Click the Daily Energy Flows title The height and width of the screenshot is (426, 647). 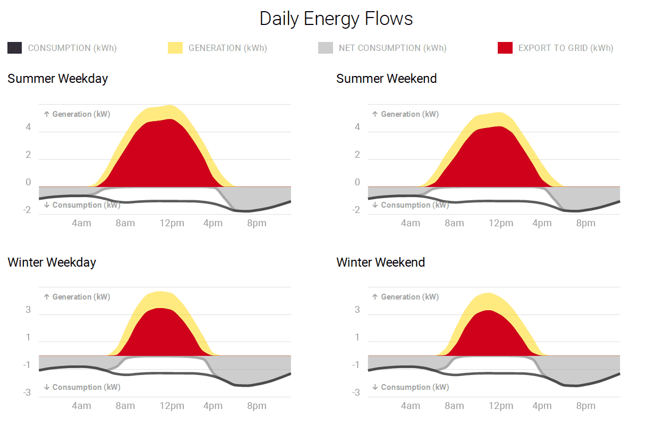pyautogui.click(x=336, y=19)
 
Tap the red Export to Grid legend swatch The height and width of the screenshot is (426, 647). pyautogui.click(x=505, y=48)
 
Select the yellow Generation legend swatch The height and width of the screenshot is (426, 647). pyautogui.click(x=175, y=48)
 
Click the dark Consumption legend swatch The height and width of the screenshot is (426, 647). pyautogui.click(x=15, y=48)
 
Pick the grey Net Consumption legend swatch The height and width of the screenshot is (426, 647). pyautogui.click(x=326, y=48)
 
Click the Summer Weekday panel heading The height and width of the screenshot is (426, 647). pyautogui.click(x=57, y=79)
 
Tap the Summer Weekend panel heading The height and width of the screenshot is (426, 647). pyautogui.click(x=386, y=79)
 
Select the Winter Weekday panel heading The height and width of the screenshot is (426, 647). pyautogui.click(x=52, y=262)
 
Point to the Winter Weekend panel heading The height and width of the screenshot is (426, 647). pyautogui.click(x=380, y=262)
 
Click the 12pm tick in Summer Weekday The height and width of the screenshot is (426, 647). pyautogui.click(x=172, y=223)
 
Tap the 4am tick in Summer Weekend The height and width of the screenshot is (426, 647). pyautogui.click(x=410, y=223)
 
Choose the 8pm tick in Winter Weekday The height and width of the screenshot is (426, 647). pyautogui.click(x=257, y=406)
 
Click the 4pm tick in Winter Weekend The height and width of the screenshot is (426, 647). pyautogui.click(x=542, y=406)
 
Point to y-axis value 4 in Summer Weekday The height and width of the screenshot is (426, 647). pyautogui.click(x=28, y=127)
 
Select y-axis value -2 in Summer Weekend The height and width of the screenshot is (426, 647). pyautogui.click(x=355, y=210)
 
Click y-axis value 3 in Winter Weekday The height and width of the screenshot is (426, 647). pyautogui.click(x=28, y=310)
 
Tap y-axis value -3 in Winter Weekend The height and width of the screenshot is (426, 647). pyautogui.click(x=355, y=393)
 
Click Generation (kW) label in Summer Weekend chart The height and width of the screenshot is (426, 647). pyautogui.click(x=405, y=114)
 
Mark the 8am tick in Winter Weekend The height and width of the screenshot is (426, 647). pyautogui.click(x=454, y=406)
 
